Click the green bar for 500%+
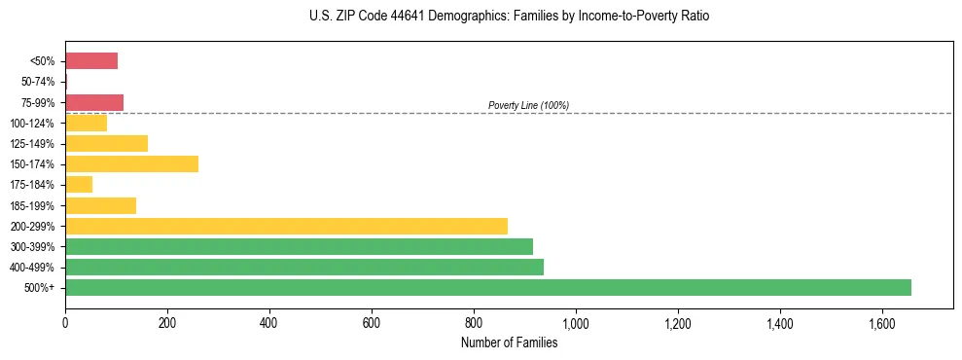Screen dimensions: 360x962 487,287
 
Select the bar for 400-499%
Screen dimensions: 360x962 303,267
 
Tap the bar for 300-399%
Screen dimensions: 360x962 299,246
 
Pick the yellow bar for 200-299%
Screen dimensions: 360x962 286,226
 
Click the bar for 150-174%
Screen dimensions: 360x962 131,163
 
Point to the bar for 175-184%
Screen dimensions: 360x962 79,184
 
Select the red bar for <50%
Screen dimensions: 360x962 91,60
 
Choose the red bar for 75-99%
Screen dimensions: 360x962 94,102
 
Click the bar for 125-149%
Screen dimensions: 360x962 106,143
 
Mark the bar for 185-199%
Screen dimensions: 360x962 100,205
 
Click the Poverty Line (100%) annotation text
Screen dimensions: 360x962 528,105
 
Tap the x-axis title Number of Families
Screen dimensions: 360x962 509,342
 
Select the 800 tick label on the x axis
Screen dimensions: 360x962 474,323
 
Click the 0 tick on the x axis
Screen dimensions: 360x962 65,323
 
